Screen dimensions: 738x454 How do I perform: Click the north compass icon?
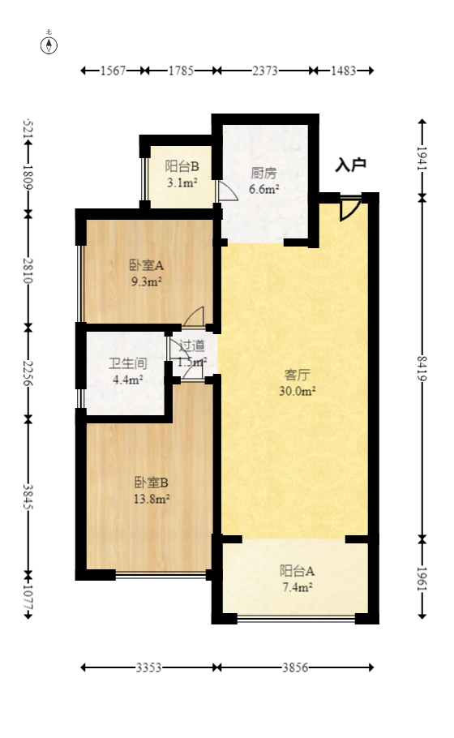pos(49,44)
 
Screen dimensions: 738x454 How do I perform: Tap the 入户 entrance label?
pos(350,165)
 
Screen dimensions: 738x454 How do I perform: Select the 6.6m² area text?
pos(264,190)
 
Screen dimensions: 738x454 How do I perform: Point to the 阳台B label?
pos(182,166)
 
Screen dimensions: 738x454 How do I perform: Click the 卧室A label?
pos(147,265)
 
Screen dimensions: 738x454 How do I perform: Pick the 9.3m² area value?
pos(147,282)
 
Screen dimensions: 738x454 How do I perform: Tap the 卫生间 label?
pos(126,363)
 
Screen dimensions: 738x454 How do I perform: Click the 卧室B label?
pos(152,482)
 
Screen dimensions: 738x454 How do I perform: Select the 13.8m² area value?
pos(152,499)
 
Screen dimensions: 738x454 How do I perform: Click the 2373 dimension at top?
pos(264,71)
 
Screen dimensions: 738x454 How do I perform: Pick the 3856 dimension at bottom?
pos(295,667)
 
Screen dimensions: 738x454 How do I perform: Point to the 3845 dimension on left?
pos(28,496)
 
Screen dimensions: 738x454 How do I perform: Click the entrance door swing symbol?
pos(349,208)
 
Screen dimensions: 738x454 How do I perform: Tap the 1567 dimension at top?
pos(113,71)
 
